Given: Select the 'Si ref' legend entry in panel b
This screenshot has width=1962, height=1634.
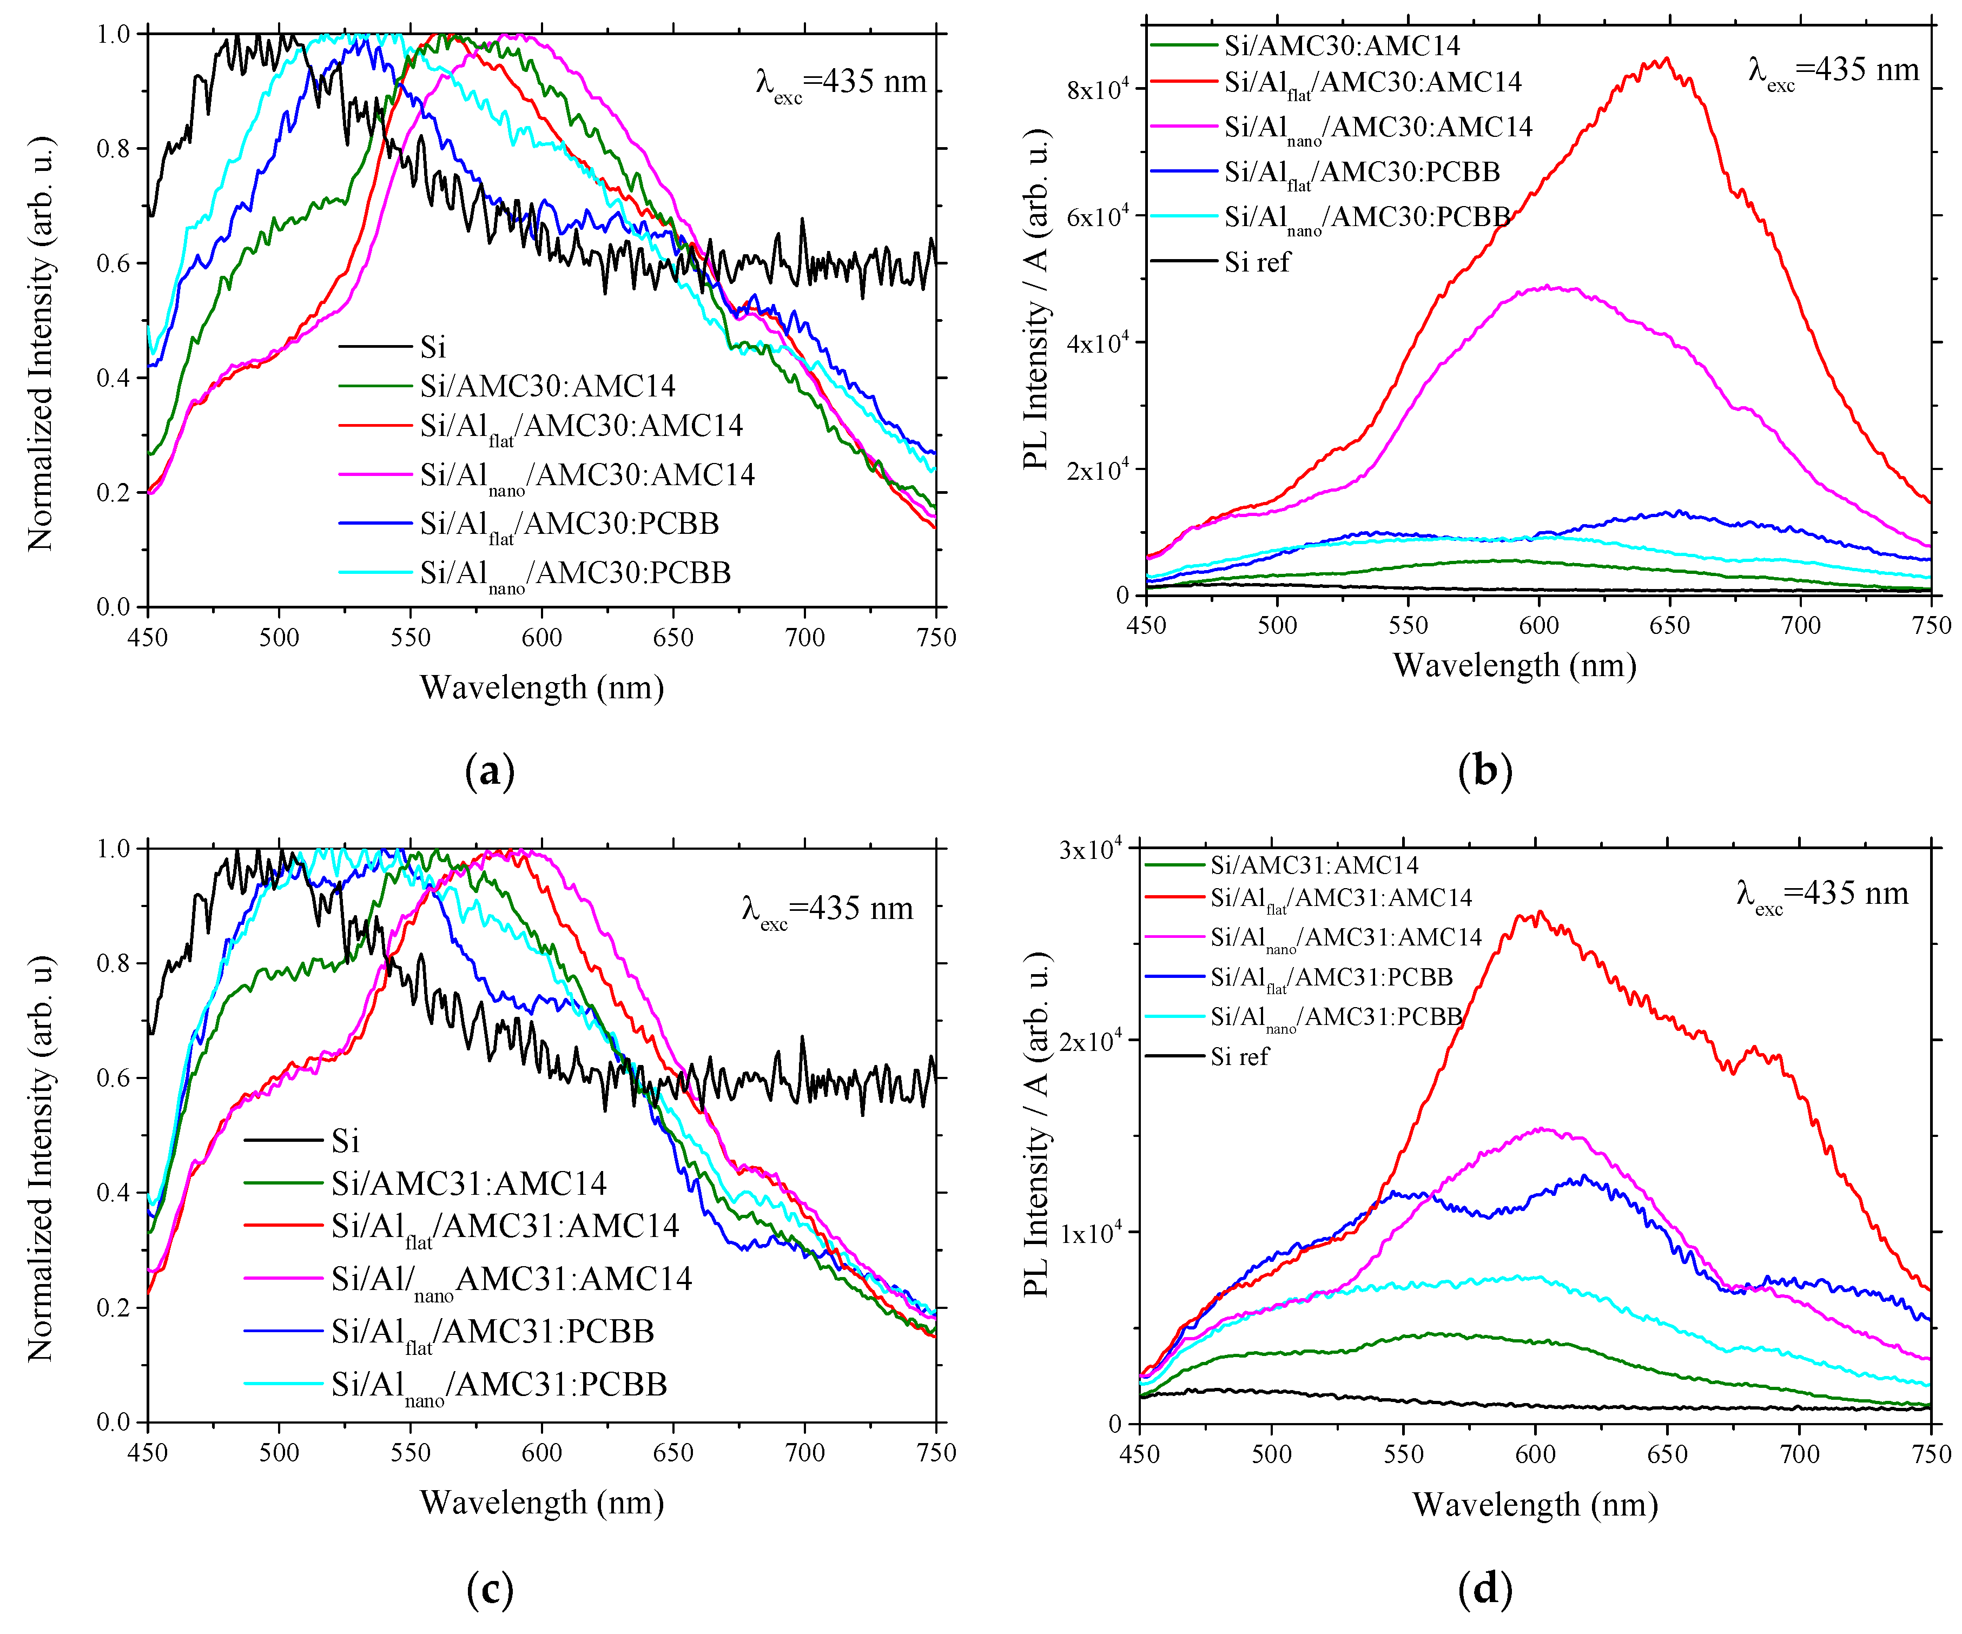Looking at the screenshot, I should point(1257,262).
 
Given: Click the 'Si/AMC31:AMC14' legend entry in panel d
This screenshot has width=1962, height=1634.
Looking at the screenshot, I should point(1313,865).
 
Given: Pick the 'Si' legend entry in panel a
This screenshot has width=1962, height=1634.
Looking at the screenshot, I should point(433,348).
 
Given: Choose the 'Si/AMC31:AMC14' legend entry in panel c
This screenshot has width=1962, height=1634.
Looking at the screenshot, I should point(468,1183).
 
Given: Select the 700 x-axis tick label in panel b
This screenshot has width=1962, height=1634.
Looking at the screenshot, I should point(1800,625).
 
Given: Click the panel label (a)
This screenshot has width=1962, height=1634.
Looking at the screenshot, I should point(490,772).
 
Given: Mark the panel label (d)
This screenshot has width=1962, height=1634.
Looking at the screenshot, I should point(1484,1588).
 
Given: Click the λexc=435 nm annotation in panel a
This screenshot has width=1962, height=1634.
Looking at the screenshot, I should point(841,82).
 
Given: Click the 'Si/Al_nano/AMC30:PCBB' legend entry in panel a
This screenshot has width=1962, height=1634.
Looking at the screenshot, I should point(574,573).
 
